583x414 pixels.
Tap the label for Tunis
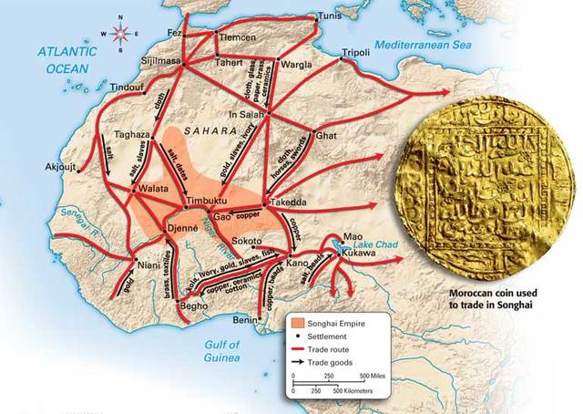(332, 16)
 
